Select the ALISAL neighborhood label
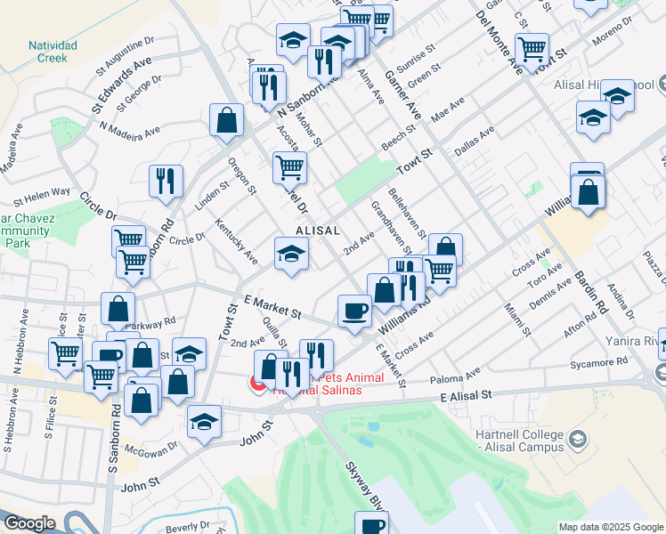click(x=318, y=230)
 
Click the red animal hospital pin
click(x=257, y=383)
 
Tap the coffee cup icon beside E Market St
click(x=355, y=311)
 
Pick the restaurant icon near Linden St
click(x=166, y=181)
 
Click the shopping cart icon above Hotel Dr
click(x=288, y=166)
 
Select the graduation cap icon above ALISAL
click(x=290, y=254)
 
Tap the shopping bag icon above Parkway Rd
click(x=118, y=309)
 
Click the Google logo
click(x=30, y=523)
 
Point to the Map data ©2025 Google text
click(x=610, y=526)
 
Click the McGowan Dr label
click(x=143, y=450)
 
